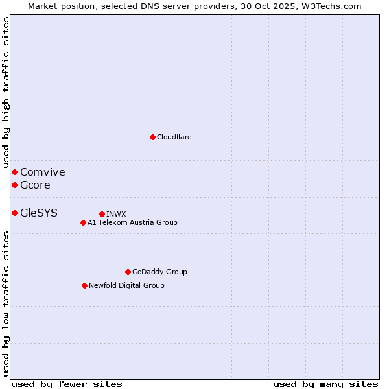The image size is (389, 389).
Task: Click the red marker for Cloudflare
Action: [152, 137]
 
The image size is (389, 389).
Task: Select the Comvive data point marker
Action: [14, 172]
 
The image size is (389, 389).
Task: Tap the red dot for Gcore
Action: [14, 185]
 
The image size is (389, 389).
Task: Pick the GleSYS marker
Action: [14, 213]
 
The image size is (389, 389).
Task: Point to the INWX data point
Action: [102, 214]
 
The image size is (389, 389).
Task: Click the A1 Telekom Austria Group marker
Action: [83, 222]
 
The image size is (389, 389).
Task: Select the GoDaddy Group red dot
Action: [128, 272]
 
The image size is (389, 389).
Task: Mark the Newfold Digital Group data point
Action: [84, 285]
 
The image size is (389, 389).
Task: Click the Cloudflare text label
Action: [174, 137]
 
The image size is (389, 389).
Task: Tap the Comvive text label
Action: [42, 172]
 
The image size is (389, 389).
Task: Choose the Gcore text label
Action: [35, 185]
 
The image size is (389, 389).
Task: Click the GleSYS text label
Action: [38, 213]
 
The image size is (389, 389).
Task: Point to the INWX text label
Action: [116, 214]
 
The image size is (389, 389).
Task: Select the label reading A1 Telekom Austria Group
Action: [132, 222]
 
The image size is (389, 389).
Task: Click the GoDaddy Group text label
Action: [159, 272]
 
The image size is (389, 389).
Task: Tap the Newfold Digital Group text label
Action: [126, 285]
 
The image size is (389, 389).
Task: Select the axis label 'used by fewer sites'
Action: [67, 384]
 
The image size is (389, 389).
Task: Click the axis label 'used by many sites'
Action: [325, 384]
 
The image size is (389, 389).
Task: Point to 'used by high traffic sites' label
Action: [6, 93]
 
